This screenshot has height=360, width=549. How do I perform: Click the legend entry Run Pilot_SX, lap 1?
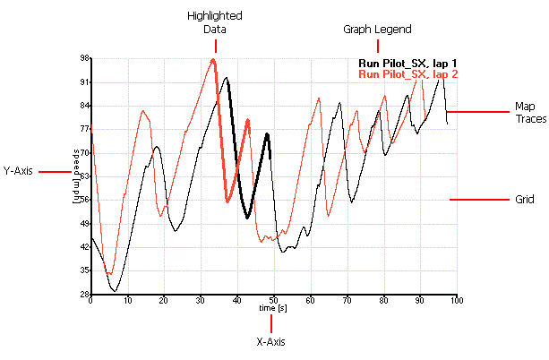[407, 63]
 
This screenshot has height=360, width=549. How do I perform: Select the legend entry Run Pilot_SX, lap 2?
[407, 74]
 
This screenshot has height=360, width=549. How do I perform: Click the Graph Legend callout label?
[377, 30]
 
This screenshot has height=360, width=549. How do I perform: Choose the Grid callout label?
[524, 199]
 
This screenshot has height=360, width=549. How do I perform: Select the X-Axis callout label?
[271, 340]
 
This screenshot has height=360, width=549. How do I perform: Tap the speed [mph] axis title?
[77, 170]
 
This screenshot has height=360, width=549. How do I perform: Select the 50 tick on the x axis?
[273, 300]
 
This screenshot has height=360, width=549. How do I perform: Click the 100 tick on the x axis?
[456, 300]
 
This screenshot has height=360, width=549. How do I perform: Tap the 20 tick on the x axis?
[164, 300]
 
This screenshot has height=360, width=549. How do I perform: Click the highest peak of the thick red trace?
[213, 60]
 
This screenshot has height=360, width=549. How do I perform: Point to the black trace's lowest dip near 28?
[114, 290]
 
